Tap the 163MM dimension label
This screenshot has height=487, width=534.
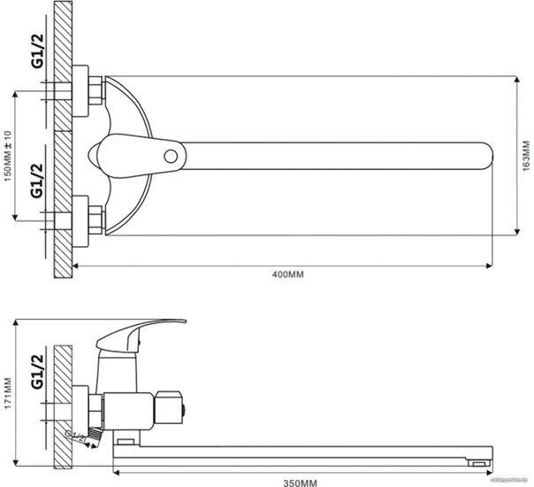point(525,156)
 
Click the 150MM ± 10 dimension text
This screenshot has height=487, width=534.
point(8,158)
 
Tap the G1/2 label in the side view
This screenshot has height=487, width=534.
point(37,372)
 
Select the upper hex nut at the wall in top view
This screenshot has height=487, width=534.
point(91,93)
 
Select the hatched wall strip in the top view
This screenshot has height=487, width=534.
point(63,142)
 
